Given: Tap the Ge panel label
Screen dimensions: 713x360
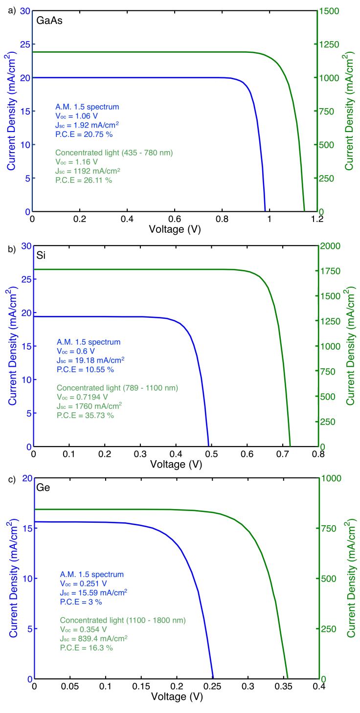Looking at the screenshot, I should (x=43, y=488).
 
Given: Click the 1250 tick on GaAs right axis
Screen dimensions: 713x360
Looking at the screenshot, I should (x=329, y=45).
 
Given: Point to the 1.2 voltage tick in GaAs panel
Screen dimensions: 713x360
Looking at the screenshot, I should (x=317, y=220).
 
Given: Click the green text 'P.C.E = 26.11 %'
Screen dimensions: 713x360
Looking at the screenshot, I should (x=84, y=180).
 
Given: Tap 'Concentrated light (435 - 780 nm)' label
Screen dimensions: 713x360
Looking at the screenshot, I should (x=113, y=152).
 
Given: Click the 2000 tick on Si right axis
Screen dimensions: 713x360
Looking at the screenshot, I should (x=329, y=246).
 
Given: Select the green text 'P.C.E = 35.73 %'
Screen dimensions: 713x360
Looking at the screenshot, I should (x=85, y=415).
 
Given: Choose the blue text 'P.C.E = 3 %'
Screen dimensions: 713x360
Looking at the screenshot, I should (x=81, y=601).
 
